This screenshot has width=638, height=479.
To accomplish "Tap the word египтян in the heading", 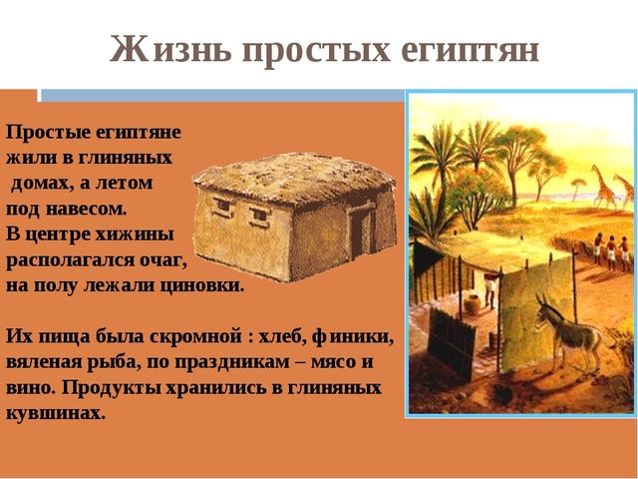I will pos(468,48).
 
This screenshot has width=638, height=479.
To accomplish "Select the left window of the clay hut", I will pos(222,207).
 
